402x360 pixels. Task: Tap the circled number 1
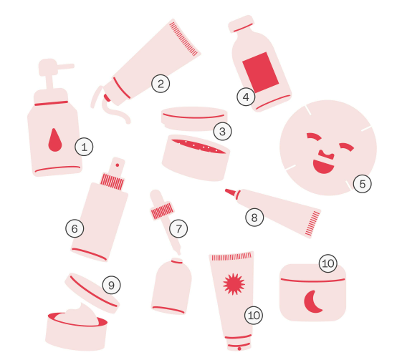84,147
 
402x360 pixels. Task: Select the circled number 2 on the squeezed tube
161,84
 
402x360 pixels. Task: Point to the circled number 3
222,131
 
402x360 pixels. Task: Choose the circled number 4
247,97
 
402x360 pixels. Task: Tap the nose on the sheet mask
325,153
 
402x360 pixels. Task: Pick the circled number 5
362,183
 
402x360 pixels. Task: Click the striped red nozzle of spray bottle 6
113,180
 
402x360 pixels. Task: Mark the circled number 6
74,228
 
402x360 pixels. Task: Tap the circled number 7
179,229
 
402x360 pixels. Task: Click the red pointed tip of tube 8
230,191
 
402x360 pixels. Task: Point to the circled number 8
254,216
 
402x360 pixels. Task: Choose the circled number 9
110,285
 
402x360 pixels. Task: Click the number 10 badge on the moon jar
327,263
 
